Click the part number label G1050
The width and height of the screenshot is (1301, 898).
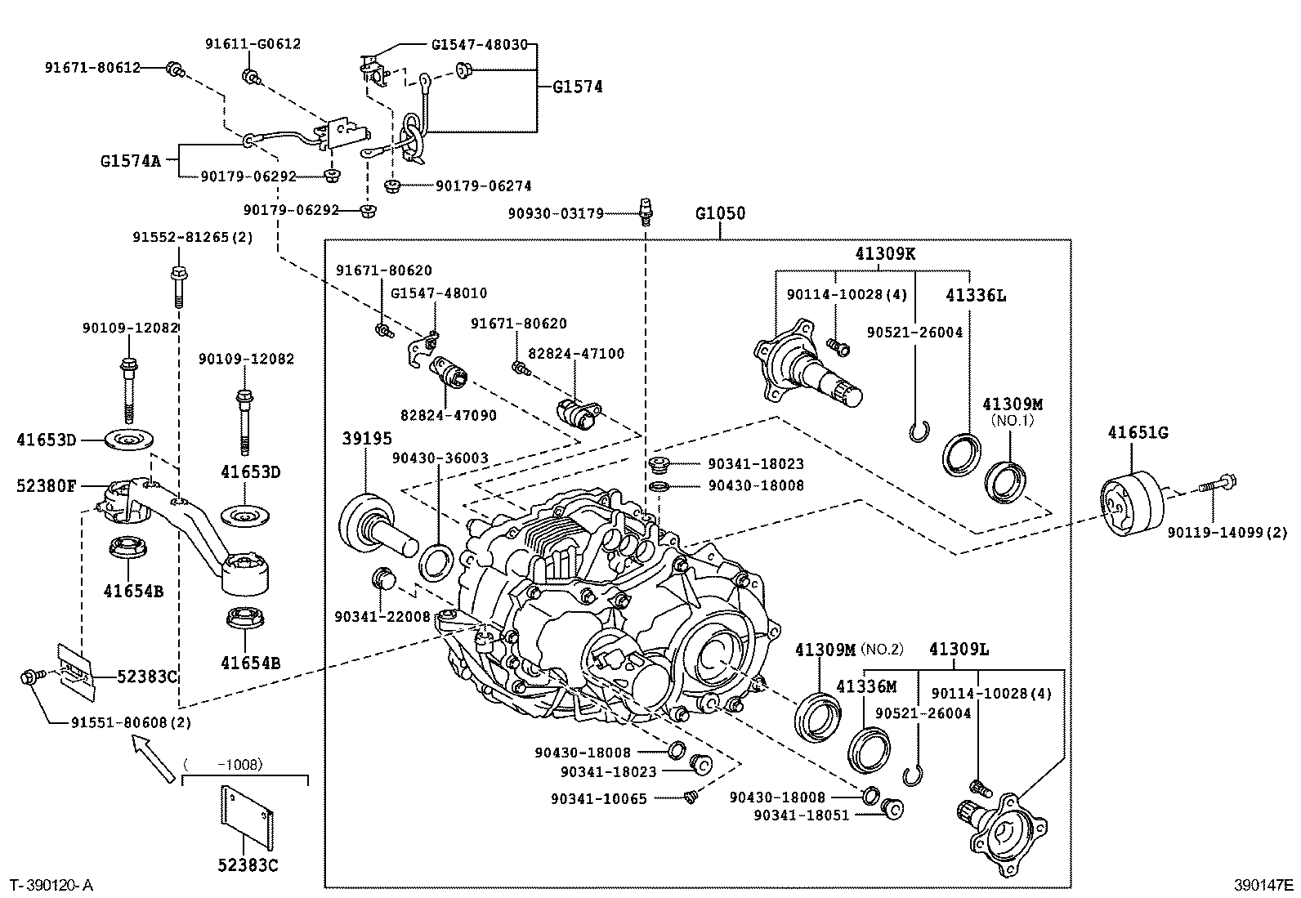(x=720, y=214)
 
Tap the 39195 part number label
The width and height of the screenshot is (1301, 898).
(x=367, y=440)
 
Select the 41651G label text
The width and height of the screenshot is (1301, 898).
(x=1138, y=433)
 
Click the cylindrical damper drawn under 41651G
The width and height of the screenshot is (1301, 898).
(x=1132, y=505)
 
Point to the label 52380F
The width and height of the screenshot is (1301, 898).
(x=47, y=486)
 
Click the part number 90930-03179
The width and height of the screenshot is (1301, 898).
(x=555, y=214)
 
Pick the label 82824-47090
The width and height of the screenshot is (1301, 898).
(x=449, y=415)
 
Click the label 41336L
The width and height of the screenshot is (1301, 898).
(x=976, y=296)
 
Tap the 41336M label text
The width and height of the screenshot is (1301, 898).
(x=866, y=687)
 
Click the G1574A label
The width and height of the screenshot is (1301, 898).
(x=132, y=161)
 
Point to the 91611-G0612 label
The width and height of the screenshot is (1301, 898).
(x=252, y=44)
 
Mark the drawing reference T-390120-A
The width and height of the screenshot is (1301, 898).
(x=51, y=886)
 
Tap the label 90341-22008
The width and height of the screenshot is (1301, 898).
(x=382, y=616)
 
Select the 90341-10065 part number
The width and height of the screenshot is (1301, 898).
(x=599, y=798)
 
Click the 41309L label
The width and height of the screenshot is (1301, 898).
(x=959, y=650)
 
